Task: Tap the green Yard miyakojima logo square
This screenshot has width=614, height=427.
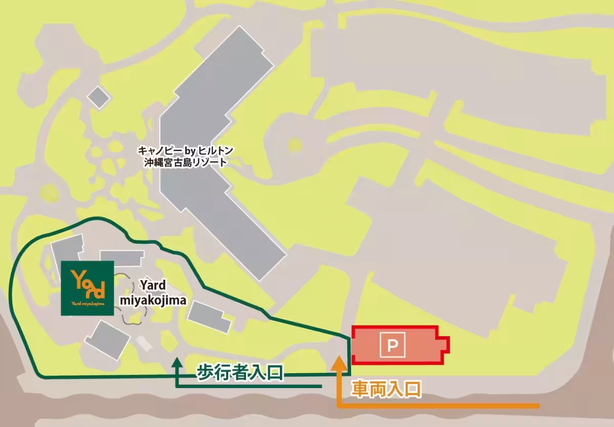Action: tap(87, 288)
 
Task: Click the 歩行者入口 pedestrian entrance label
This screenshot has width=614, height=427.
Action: tap(240, 372)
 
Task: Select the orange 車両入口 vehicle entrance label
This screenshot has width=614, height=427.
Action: tap(386, 390)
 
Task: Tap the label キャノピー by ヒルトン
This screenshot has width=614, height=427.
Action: tap(186, 151)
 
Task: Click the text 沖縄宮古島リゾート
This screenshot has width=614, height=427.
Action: tap(186, 162)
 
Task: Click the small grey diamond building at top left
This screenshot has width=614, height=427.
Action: tap(99, 96)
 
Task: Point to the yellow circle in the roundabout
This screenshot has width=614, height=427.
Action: tap(294, 145)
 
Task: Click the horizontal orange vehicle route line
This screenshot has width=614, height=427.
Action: tap(440, 407)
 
